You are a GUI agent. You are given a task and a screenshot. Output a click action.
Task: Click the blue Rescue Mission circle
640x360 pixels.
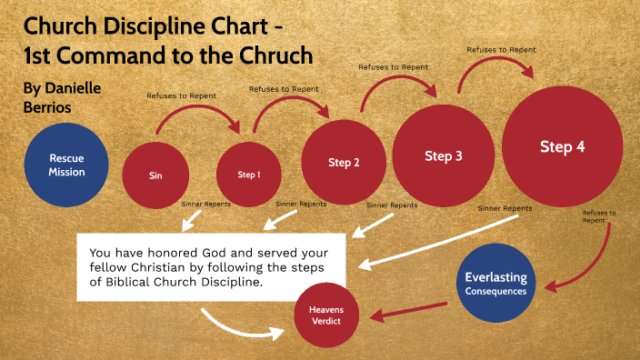[67, 165]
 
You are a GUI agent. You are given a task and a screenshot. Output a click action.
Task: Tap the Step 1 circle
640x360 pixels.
[248, 174]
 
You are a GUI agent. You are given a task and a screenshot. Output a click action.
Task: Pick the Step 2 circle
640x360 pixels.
[344, 163]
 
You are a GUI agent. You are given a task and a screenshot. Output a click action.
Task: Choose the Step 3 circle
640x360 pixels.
[444, 155]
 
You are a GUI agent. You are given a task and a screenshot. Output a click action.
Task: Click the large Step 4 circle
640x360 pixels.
[562, 147]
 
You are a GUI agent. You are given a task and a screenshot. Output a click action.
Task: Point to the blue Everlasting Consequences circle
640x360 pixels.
[495, 283]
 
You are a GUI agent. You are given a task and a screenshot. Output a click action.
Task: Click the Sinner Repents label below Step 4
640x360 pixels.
[505, 208]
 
